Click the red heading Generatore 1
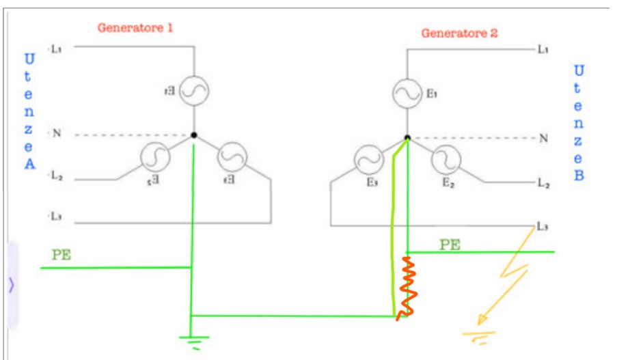pos(135,28)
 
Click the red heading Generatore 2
pos(459,33)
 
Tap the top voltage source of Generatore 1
pos(194,92)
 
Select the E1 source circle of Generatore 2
pos(407,94)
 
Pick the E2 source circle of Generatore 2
pos(446,161)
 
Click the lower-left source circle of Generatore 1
pos(155,158)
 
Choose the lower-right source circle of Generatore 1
pos(232,158)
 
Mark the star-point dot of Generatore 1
pos(194,135)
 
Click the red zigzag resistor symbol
pos(409,288)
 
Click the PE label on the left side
pos(61,255)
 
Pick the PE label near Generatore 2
pos(449,244)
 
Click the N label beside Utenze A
pos(57,133)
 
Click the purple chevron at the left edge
pos(11,285)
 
